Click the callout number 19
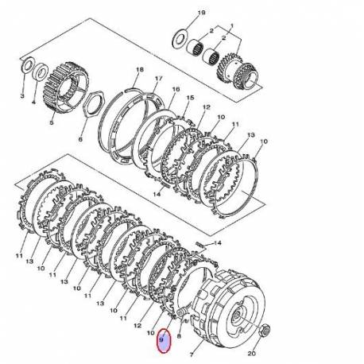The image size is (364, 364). [x=201, y=13]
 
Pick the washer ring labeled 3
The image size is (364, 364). [x=27, y=65]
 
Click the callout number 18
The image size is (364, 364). [x=139, y=70]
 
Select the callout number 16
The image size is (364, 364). [x=176, y=90]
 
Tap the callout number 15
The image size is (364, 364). [x=190, y=98]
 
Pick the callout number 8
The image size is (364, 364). [x=180, y=336]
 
